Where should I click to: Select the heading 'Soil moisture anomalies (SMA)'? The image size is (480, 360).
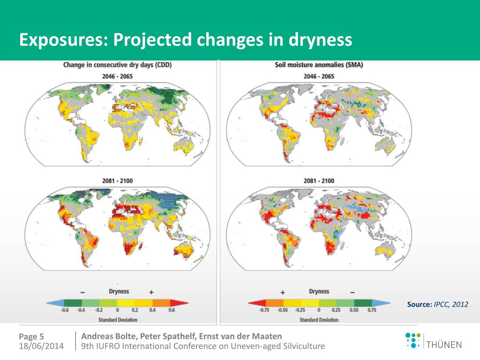319,65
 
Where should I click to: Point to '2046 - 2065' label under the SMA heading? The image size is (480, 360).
319,76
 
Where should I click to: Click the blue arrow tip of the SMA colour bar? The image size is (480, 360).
385,303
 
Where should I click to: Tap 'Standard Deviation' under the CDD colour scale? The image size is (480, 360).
117,320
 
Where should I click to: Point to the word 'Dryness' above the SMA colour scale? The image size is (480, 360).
319,292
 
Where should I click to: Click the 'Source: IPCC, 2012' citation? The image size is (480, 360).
437,305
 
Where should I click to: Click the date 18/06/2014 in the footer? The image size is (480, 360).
42,346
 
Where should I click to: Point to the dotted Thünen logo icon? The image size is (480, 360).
413,340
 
